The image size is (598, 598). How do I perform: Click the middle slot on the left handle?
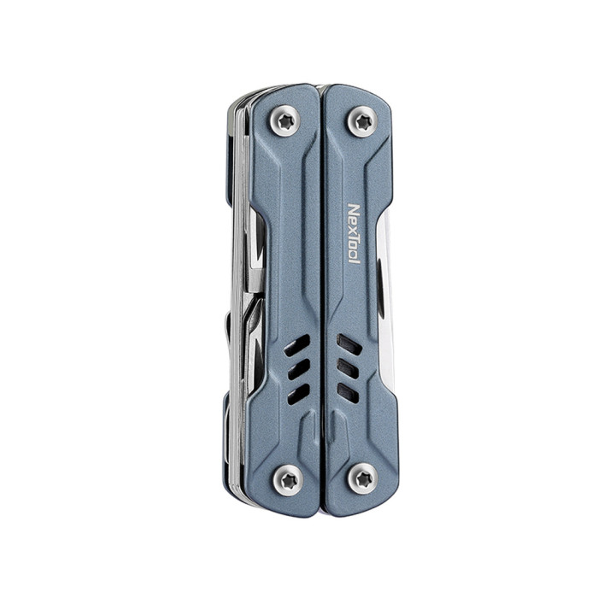[x=297, y=369]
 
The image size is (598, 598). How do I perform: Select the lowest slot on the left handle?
[x=297, y=392]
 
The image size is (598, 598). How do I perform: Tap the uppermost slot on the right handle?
[x=347, y=344]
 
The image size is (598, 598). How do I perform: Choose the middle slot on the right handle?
[x=347, y=368]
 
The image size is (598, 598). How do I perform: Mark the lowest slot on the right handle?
[x=347, y=391]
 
